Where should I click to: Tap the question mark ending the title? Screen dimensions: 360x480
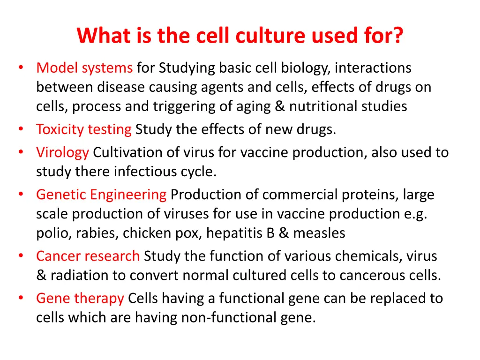(397, 35)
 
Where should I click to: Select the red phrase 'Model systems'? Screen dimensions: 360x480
(84, 68)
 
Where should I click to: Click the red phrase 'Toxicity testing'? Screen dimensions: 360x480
(84, 129)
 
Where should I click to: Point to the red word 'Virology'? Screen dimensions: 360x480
(62, 152)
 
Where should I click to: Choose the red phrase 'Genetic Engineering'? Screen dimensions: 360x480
(101, 195)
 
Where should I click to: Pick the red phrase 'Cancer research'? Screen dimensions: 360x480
(88, 256)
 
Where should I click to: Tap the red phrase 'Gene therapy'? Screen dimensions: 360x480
(80, 298)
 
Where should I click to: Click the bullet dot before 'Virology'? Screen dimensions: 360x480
(21, 152)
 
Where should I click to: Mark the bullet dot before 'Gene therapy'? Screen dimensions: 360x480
(21, 298)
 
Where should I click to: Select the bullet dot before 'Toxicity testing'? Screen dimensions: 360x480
(21, 129)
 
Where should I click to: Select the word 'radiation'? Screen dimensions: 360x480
(79, 275)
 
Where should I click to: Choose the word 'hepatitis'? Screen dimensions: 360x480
(235, 233)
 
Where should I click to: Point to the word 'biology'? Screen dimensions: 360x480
(306, 68)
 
